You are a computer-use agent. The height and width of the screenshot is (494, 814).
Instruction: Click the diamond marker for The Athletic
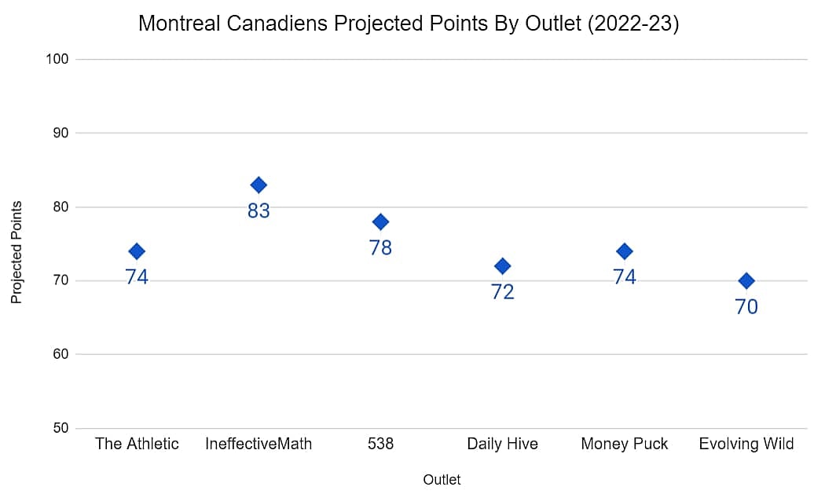[x=137, y=251]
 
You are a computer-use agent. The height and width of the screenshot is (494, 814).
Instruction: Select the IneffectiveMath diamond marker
[x=258, y=185]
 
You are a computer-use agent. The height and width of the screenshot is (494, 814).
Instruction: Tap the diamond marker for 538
[x=380, y=221]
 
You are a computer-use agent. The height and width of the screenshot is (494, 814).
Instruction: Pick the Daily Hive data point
[x=502, y=266]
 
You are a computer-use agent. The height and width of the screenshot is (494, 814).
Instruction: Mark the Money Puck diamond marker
[x=625, y=251]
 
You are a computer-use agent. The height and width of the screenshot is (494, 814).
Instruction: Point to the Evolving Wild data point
[x=746, y=281]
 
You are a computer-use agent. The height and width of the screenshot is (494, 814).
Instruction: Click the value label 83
[x=258, y=211]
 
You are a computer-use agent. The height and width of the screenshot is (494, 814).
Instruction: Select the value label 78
[x=380, y=248]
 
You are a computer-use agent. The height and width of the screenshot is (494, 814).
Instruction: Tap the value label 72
[x=502, y=292]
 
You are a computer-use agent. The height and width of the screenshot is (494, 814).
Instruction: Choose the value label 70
[x=746, y=307]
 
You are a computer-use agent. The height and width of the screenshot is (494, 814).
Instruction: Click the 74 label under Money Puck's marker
[x=625, y=277]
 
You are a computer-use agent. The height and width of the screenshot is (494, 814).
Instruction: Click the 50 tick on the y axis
[x=61, y=429]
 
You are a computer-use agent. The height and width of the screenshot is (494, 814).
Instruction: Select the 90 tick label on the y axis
[x=61, y=134]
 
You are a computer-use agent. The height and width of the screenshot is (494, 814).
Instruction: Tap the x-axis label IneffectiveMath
[x=258, y=445]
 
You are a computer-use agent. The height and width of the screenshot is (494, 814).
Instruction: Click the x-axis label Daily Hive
[x=502, y=445]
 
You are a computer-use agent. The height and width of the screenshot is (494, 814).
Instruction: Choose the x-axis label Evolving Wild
[x=746, y=445]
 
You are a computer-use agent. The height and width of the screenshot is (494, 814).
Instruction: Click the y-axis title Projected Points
[x=16, y=252]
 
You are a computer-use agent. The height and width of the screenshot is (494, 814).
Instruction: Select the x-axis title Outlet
[x=442, y=480]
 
